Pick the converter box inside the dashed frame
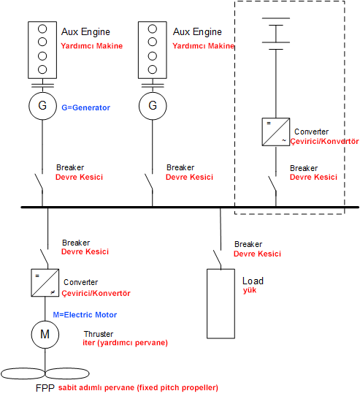coord(276,132)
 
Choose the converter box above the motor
coord(45,283)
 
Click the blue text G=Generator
coord(85,107)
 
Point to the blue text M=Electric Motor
coord(85,315)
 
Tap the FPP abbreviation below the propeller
coord(45,388)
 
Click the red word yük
coord(250,290)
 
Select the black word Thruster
coord(99,334)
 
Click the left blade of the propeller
coord(23,373)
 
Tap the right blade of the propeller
coord(67,373)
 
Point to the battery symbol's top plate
coord(276,18)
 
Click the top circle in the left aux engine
coord(42,28)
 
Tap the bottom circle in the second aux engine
coord(153,69)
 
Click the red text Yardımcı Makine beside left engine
coord(91,46)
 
